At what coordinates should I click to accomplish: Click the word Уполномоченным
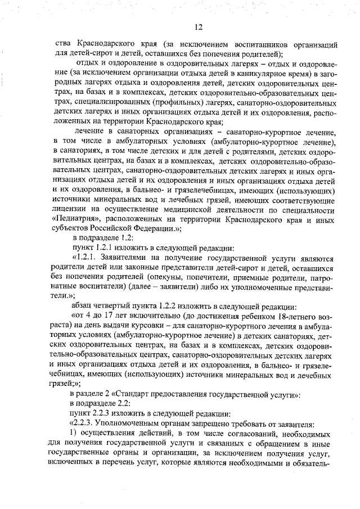pos(129,426)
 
